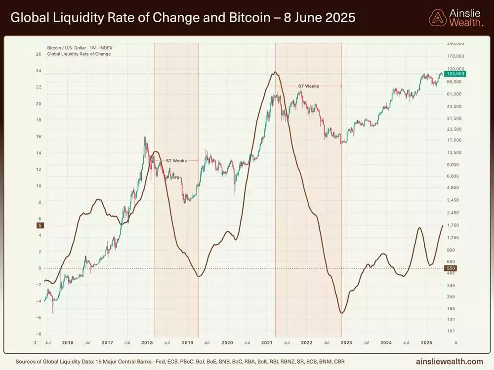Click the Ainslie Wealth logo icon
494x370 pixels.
click(x=437, y=18)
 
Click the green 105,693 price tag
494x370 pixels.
click(x=456, y=74)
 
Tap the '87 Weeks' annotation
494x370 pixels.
click(x=308, y=86)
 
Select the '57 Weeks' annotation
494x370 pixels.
click(x=176, y=161)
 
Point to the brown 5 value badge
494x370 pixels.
click(x=40, y=225)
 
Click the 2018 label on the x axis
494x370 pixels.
click(x=147, y=342)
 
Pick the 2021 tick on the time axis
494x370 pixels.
click(x=267, y=342)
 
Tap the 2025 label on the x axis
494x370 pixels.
click(x=427, y=342)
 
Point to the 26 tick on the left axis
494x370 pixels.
click(x=39, y=54)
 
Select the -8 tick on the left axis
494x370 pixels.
click(x=38, y=334)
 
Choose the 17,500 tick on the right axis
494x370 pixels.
click(x=454, y=140)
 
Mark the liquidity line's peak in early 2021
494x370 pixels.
click(x=275, y=73)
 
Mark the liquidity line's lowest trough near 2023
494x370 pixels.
click(x=341, y=313)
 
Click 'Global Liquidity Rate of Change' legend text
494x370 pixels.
click(x=79, y=54)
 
